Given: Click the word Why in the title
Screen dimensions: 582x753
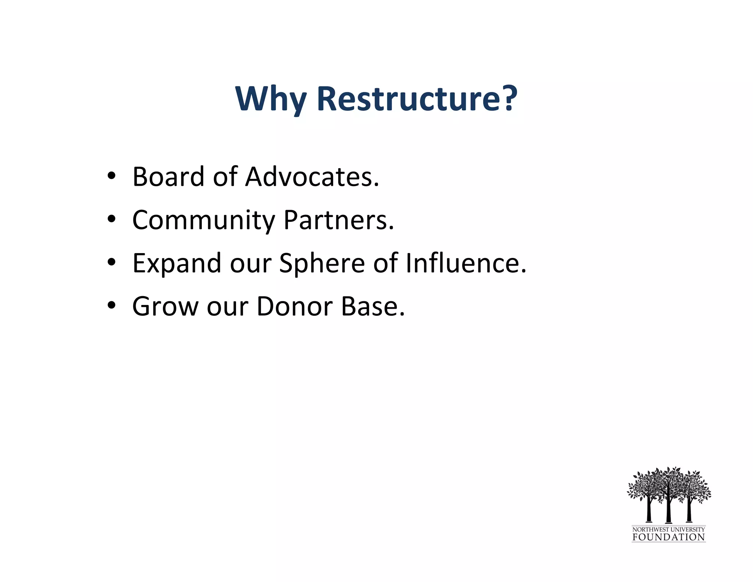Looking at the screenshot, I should [x=271, y=99].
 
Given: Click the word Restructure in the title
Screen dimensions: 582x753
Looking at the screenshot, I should [x=408, y=99].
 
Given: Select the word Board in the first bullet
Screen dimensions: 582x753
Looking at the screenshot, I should [x=168, y=177].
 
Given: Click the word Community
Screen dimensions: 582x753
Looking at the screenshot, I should [x=203, y=220].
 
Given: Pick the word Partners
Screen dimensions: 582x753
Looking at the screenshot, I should [x=338, y=220].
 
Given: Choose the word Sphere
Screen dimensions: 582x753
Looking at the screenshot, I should [x=322, y=264].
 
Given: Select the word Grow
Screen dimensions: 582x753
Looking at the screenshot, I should [x=165, y=306].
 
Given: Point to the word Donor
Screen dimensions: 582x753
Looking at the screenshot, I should [x=295, y=306].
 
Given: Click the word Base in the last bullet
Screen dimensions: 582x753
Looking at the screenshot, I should [x=372, y=306].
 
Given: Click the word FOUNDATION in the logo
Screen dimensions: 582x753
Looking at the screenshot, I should [x=668, y=537].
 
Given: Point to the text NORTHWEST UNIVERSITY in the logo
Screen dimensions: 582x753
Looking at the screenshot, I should [x=668, y=529].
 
